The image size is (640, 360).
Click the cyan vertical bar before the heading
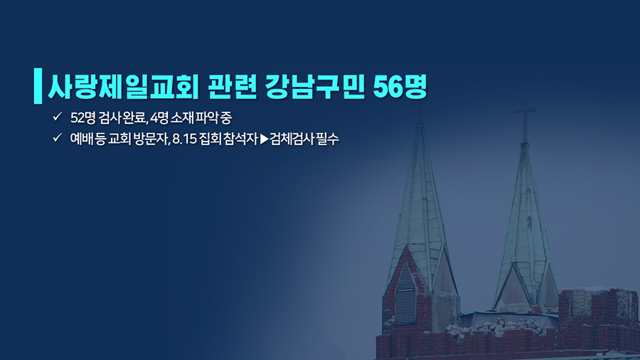(x=38, y=85)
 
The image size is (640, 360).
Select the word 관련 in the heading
(x=232, y=87)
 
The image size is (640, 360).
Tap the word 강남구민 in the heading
(x=314, y=87)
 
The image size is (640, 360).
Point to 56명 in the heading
(x=400, y=87)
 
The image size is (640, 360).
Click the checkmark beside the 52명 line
(x=57, y=117)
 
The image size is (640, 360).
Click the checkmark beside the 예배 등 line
(x=57, y=137)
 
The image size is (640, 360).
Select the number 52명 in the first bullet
(x=83, y=118)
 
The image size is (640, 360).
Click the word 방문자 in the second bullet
(x=151, y=139)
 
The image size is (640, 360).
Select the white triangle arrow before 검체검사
(x=265, y=139)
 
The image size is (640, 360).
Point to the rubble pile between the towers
(x=494, y=327)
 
